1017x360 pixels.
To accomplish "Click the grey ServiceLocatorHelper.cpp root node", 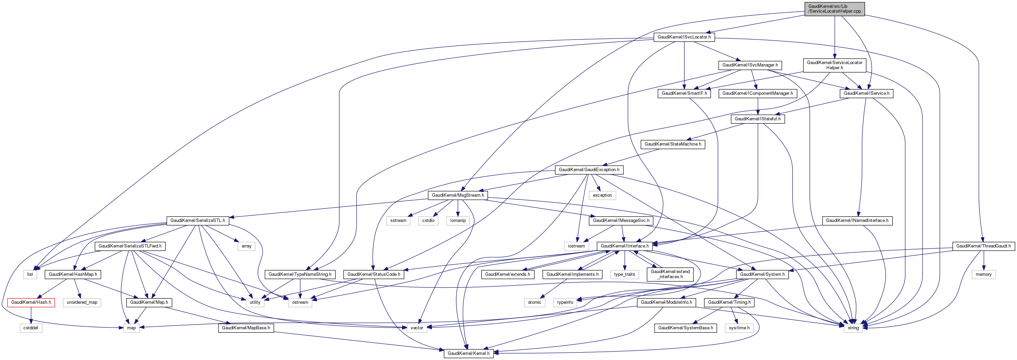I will (x=834, y=9).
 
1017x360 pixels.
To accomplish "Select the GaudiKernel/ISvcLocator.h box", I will (x=684, y=37).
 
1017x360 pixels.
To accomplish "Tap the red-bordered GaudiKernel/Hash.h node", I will (x=31, y=302).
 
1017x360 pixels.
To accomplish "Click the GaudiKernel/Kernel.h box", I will (x=468, y=353).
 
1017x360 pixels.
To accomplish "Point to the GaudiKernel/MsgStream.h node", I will (x=458, y=195).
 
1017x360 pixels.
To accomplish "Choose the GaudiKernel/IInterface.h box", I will (x=624, y=246).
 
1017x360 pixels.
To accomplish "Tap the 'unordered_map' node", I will (x=82, y=302).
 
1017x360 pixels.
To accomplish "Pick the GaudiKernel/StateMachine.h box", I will (x=673, y=144).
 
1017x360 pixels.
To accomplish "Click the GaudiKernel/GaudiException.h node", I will (x=589, y=170).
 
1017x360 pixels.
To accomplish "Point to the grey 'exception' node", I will (x=602, y=195).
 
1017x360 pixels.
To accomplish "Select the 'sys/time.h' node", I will (x=739, y=328).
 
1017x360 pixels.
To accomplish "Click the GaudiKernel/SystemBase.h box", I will (x=685, y=328).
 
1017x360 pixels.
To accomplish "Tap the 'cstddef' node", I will (x=30, y=328).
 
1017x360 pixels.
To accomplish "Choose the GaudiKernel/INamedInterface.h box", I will (x=857, y=220).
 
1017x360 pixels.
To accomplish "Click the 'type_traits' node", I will (x=624, y=274).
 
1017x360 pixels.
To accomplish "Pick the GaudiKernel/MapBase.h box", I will (x=245, y=328).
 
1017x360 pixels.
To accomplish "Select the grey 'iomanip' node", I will (x=458, y=220).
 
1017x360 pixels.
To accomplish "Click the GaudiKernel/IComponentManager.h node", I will (x=757, y=93).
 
